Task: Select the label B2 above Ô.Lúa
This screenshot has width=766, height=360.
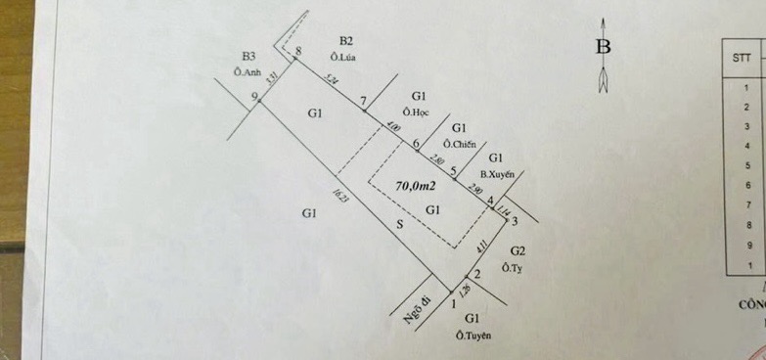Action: click(x=345, y=40)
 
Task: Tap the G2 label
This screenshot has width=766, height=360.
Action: click(x=518, y=250)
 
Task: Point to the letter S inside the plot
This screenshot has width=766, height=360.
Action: click(x=398, y=224)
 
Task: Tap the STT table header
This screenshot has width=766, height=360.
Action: click(x=742, y=58)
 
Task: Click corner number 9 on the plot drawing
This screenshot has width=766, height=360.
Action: click(x=254, y=96)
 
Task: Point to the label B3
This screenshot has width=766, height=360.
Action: click(x=249, y=56)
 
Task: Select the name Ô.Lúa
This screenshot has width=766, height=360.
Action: click(x=345, y=57)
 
